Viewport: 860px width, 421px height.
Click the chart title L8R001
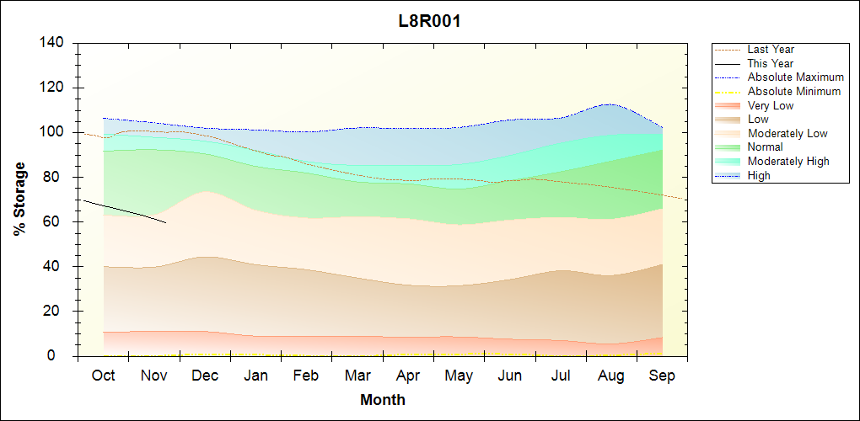(x=429, y=21)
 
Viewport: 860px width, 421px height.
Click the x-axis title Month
(x=382, y=400)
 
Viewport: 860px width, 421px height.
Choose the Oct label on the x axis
(x=103, y=376)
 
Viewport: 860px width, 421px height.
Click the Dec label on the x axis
(x=205, y=376)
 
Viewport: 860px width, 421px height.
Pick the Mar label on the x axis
(x=357, y=376)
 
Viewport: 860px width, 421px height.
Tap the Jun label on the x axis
(x=509, y=376)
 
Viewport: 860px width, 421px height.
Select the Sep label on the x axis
(x=662, y=376)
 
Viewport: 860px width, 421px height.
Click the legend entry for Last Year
(x=770, y=50)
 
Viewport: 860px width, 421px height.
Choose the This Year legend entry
(x=770, y=64)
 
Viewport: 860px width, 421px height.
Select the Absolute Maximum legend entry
(x=795, y=77)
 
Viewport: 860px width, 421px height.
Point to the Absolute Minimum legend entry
(x=793, y=92)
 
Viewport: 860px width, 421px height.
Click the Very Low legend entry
(x=770, y=106)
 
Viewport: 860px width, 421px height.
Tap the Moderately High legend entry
(x=787, y=162)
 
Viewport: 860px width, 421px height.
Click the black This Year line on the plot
(x=126, y=212)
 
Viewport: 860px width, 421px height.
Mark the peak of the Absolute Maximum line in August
(x=607, y=104)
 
